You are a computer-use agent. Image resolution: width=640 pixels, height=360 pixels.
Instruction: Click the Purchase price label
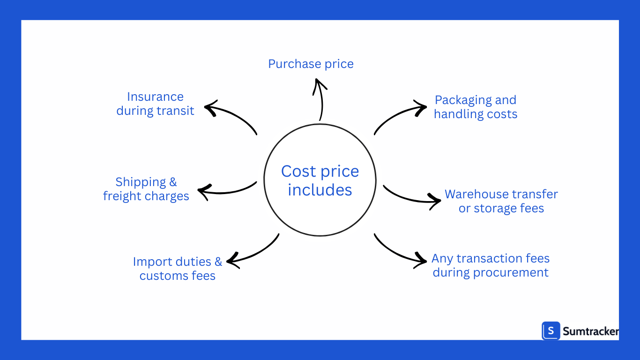(x=311, y=64)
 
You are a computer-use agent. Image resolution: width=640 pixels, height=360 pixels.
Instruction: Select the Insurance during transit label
(x=155, y=104)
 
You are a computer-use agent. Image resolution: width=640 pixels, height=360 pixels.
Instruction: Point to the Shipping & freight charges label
(x=146, y=189)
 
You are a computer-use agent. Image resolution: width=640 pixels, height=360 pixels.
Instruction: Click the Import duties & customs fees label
(x=178, y=269)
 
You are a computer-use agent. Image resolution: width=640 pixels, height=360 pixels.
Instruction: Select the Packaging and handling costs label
(x=476, y=107)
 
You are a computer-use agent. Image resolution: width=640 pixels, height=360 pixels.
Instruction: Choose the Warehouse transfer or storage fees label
(x=501, y=201)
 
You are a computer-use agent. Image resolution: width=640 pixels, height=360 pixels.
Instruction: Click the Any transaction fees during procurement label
(x=491, y=265)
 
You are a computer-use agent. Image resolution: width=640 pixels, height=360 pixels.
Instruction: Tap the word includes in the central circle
(x=320, y=190)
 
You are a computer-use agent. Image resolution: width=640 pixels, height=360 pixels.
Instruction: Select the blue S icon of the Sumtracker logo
(x=551, y=331)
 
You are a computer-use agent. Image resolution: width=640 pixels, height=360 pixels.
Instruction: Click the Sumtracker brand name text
(x=590, y=331)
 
